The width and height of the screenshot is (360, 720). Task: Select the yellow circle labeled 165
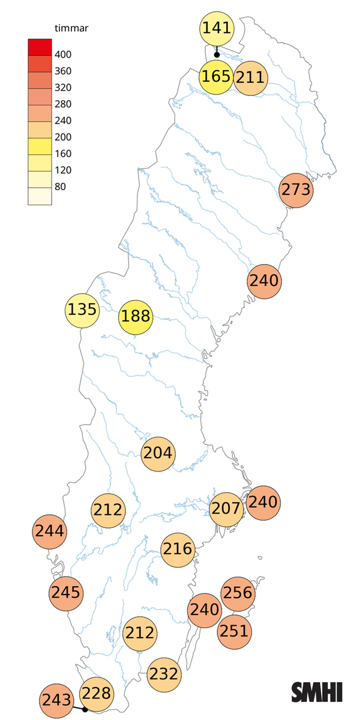click(216, 77)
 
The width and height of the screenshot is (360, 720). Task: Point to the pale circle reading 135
click(82, 310)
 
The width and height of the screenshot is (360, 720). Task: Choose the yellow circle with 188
click(136, 316)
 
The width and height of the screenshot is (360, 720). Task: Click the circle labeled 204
click(158, 453)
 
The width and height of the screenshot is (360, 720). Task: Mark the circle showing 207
click(227, 509)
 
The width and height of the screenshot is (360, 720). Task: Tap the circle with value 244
click(50, 530)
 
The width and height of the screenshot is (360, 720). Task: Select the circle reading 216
click(178, 548)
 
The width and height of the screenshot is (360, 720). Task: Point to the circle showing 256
click(238, 593)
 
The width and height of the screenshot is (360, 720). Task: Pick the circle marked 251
click(233, 631)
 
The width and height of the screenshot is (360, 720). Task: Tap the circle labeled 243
click(57, 700)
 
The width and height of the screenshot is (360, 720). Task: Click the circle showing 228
click(96, 694)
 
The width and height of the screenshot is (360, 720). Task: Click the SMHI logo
click(317, 692)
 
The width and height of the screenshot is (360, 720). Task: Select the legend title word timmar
click(66, 28)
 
